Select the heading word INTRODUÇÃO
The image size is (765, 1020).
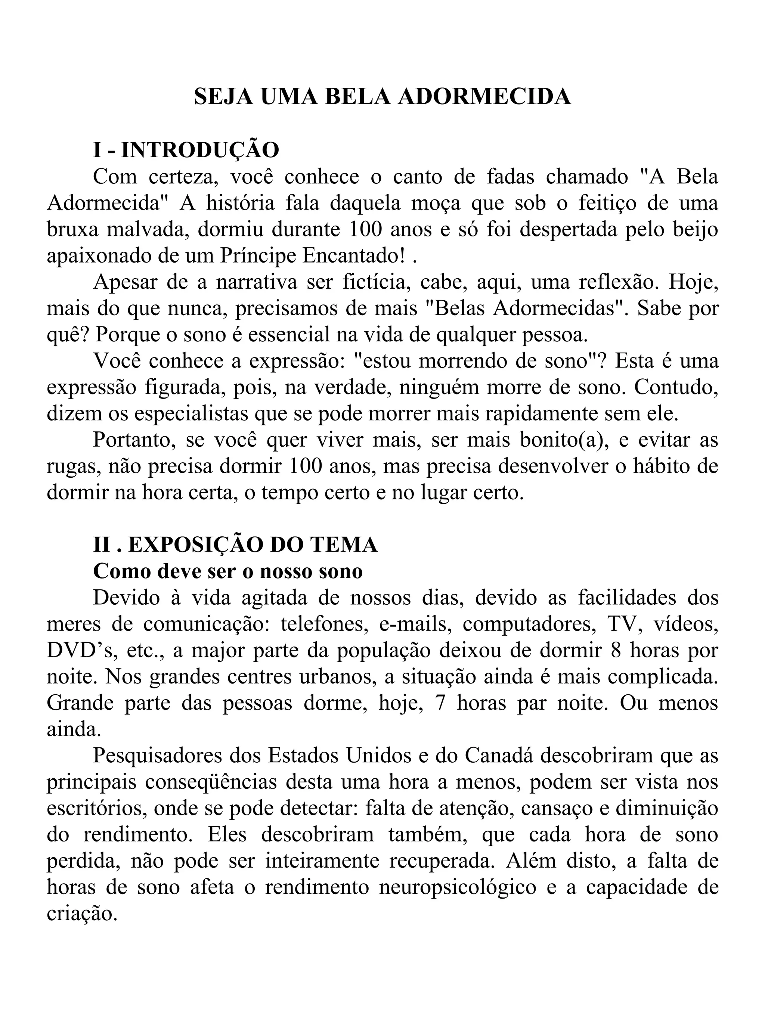coord(200,150)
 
